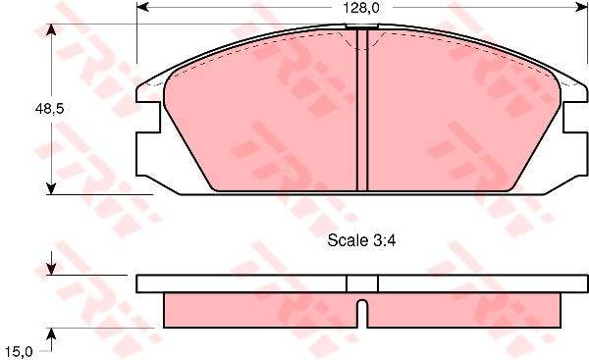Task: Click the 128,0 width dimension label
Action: pyautogui.click(x=360, y=8)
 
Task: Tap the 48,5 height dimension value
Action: pyautogui.click(x=50, y=109)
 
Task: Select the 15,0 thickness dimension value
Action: pyautogui.click(x=19, y=352)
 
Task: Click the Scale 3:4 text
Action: pyautogui.click(x=361, y=240)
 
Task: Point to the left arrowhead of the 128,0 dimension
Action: pyautogui.click(x=142, y=7)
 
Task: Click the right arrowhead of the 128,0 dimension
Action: pyautogui.click(x=581, y=7)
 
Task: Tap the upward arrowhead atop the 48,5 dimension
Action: pyautogui.click(x=51, y=30)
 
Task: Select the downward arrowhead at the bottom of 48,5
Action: pyautogui.click(x=51, y=188)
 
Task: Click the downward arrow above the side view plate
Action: pyautogui.click(x=51, y=263)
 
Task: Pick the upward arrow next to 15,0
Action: pyautogui.click(x=51, y=339)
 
